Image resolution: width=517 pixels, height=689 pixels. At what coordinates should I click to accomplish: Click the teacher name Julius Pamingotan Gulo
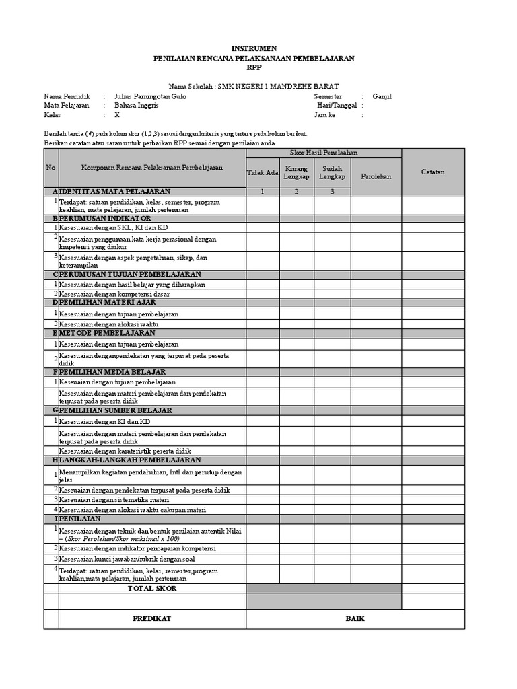tap(151, 96)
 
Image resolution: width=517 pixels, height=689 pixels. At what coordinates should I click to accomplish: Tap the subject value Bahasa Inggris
tap(137, 106)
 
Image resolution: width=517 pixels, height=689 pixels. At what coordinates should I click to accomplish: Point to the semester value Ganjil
tap(381, 96)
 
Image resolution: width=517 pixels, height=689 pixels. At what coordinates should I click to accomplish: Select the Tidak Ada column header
tap(263, 172)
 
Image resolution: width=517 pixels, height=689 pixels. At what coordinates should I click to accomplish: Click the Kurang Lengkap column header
tap(297, 172)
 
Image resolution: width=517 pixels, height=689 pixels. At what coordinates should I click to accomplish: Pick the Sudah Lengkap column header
tap(332, 172)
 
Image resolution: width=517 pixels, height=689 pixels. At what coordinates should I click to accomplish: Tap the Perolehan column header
tap(376, 176)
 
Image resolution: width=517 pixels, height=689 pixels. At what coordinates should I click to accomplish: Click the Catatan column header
tap(433, 172)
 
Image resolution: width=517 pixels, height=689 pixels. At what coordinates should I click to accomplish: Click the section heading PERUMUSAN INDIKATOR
tap(106, 219)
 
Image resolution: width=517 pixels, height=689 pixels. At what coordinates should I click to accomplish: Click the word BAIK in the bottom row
tap(355, 618)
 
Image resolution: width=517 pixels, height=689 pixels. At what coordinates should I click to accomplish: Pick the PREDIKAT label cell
tap(151, 618)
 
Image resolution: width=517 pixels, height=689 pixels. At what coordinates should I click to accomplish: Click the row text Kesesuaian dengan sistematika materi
tap(114, 499)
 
